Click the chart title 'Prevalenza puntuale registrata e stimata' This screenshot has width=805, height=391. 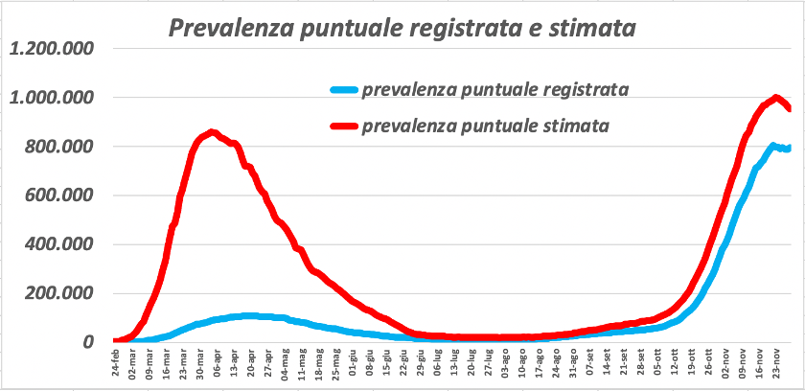pos(402,28)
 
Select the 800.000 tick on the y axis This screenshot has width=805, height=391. pos(61,147)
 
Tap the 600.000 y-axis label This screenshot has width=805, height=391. pos(61,195)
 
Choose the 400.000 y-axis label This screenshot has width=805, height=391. pos(61,244)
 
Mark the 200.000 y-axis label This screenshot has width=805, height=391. pos(61,293)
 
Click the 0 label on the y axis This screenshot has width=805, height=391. pos(88,342)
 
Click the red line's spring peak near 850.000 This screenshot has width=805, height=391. pos(212,132)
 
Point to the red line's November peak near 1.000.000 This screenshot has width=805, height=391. pos(774,97)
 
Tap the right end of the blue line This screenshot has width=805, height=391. pos(790,148)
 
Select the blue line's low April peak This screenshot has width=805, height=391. pos(249,315)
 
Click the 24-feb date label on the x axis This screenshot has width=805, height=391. pos(117,367)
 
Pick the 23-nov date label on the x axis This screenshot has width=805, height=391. pos(773,367)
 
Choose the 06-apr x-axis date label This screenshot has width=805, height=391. pos(218,367)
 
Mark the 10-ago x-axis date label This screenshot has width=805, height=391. pos(521,367)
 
